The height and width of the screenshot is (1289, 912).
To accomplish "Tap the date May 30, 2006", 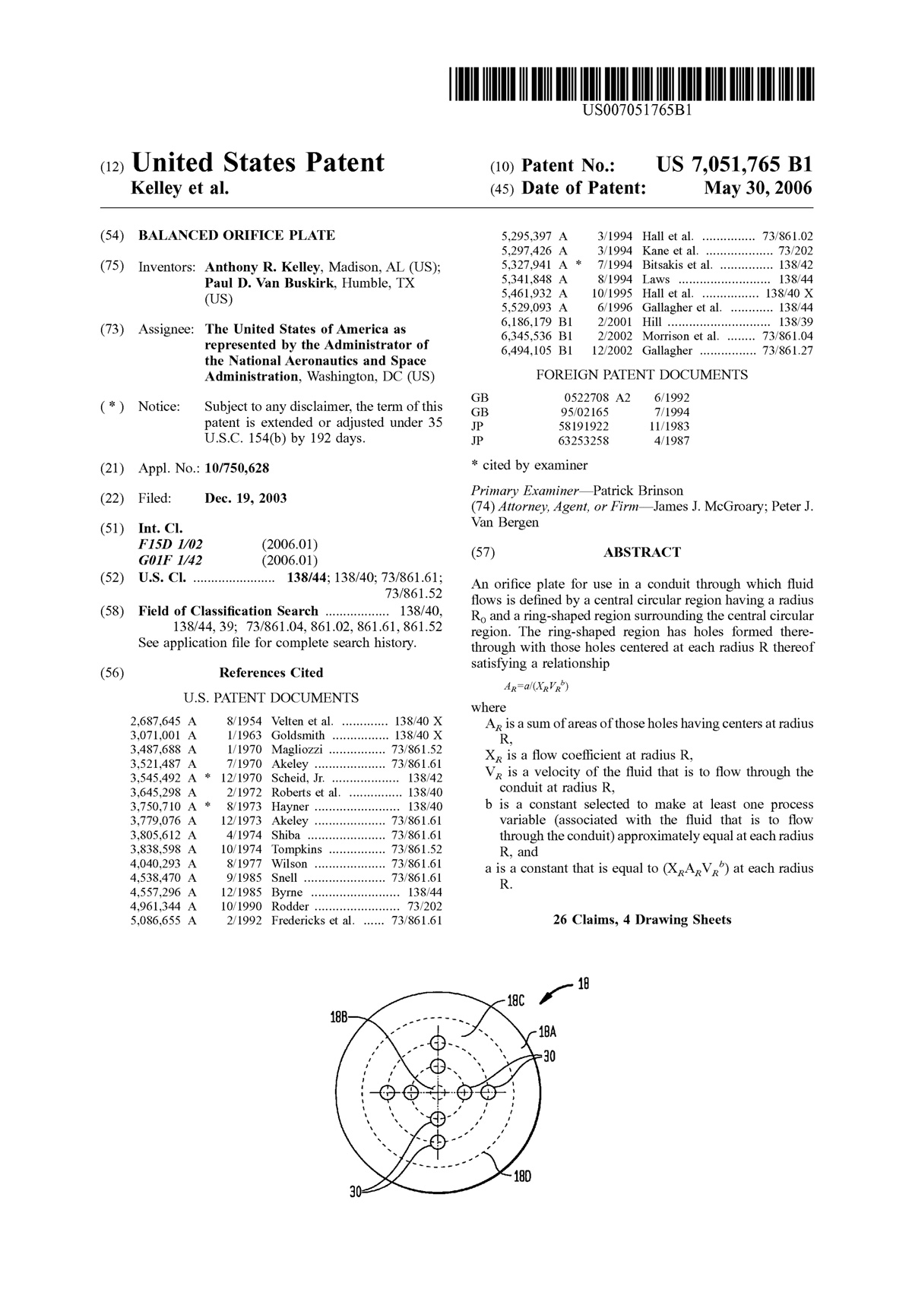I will (758, 188).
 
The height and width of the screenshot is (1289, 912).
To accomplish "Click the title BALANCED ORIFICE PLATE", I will (236, 235).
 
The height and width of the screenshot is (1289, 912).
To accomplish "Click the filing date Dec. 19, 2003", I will (245, 499).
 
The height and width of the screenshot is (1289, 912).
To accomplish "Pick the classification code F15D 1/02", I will (171, 545).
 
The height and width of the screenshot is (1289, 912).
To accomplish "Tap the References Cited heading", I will (271, 673).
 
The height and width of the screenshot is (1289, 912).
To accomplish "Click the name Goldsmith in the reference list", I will (298, 735).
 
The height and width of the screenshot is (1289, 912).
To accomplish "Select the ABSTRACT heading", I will (642, 552).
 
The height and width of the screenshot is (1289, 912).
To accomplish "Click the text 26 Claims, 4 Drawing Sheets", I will (642, 920).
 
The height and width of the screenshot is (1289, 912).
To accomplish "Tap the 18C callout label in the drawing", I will (516, 1001).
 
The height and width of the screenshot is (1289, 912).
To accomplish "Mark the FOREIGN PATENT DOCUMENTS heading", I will (642, 375).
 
